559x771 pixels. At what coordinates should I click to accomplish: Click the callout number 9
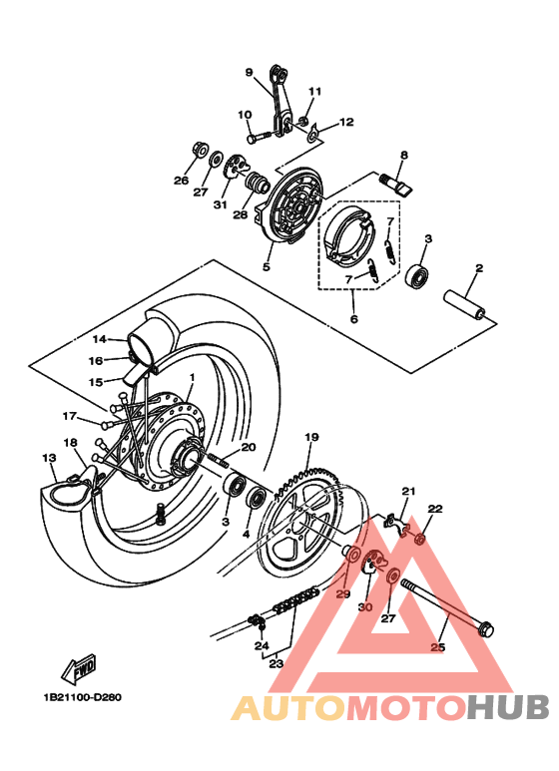tap(250, 72)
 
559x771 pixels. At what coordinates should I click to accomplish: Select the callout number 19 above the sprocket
tap(310, 437)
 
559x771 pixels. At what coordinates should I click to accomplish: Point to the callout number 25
tap(437, 647)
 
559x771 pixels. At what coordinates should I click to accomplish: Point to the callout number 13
tap(48, 458)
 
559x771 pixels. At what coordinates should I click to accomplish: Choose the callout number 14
tap(100, 339)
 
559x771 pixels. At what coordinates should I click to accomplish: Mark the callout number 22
tap(434, 509)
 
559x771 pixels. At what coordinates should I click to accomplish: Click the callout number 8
tap(404, 156)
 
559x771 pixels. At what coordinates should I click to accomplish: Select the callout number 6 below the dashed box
tap(352, 319)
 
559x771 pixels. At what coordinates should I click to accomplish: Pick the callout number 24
tap(262, 645)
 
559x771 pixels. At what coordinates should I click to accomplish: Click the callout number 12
tap(346, 123)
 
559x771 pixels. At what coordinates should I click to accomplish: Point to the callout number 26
tap(181, 181)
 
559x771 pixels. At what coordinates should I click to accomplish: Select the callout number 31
tap(220, 203)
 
